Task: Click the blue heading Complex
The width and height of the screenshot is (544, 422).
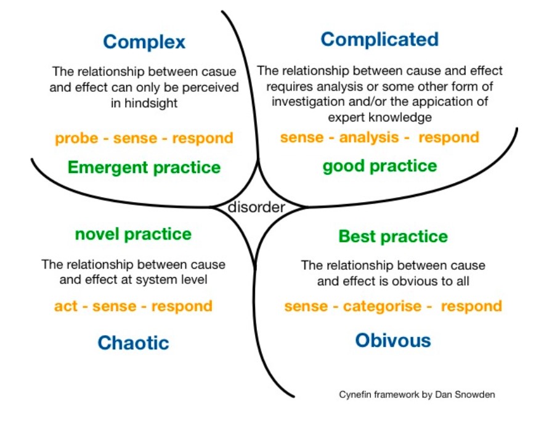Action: coord(144,42)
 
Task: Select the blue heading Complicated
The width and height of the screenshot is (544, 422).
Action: coord(380,39)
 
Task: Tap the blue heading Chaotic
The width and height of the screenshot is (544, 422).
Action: coord(133,343)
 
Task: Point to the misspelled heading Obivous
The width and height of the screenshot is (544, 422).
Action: coord(392,340)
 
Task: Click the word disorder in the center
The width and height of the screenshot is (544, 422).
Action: coord(256,207)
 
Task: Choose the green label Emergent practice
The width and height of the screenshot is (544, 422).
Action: coord(144,168)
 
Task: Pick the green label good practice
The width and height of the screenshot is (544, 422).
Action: coord(380,166)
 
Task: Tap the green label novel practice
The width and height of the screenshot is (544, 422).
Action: coord(133,234)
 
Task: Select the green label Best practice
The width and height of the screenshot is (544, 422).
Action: coord(393,237)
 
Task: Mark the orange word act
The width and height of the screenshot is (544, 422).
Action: coord(67,306)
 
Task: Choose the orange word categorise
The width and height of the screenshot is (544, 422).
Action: coord(382,306)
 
